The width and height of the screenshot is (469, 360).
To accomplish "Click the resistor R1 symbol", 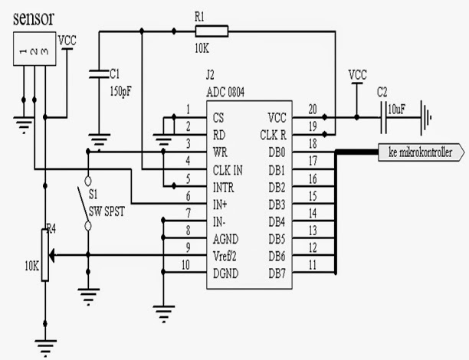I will coord(212,31).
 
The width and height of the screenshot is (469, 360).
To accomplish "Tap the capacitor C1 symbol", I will coord(97,74).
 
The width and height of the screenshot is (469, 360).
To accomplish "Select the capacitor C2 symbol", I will coord(383,117).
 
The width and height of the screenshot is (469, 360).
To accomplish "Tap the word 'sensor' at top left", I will coord(34,18).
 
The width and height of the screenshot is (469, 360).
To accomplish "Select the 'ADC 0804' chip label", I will coord(226,92).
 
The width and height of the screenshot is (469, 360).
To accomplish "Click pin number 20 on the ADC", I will coord(313,109).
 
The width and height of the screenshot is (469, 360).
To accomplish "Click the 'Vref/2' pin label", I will coord(228,247).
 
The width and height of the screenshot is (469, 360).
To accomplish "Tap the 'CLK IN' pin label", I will coord(228,169).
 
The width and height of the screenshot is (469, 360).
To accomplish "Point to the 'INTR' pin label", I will coord(225,186).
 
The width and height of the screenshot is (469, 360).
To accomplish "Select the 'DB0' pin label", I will coord(277,152).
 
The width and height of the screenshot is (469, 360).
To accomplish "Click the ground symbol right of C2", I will coord(423,118).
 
